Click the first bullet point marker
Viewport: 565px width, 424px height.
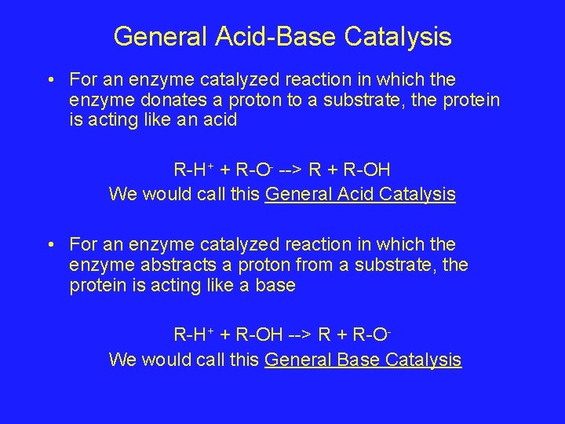click(x=49, y=80)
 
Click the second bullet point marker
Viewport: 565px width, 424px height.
click(x=49, y=245)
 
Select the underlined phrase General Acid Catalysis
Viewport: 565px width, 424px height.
click(x=360, y=194)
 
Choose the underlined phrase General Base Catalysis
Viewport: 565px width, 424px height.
click(x=363, y=360)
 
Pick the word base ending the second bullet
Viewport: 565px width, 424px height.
click(x=275, y=286)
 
